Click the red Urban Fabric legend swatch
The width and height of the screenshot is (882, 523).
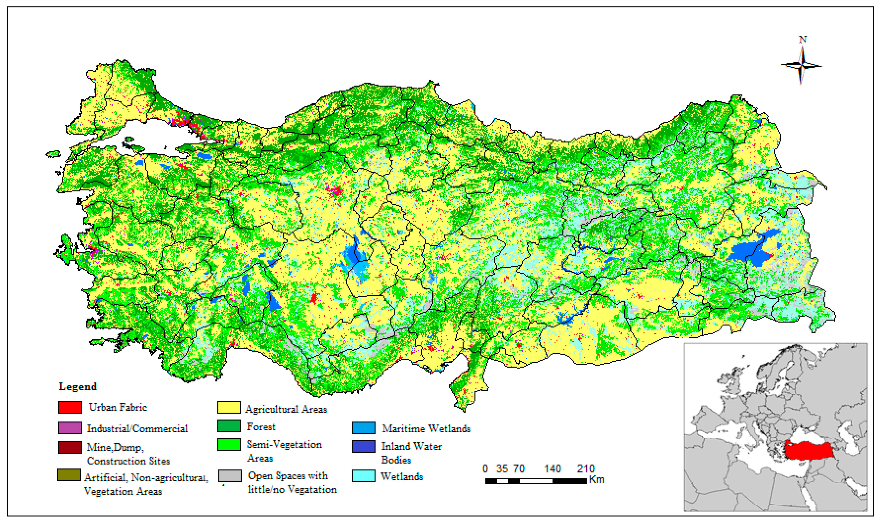pyautogui.click(x=70, y=407)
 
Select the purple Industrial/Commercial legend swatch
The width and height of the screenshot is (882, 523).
pyautogui.click(x=70, y=428)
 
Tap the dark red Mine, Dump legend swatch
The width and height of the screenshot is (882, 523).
pyautogui.click(x=70, y=447)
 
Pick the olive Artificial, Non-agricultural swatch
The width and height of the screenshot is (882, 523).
pyautogui.click(x=69, y=475)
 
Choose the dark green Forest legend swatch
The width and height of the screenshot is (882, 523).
pyautogui.click(x=229, y=426)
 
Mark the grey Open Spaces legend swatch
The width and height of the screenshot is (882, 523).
pyautogui.click(x=230, y=476)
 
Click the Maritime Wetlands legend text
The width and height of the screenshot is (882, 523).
pyautogui.click(x=426, y=429)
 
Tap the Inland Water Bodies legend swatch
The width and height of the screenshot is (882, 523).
pyautogui.click(x=363, y=446)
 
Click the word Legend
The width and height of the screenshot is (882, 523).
pyautogui.click(x=78, y=387)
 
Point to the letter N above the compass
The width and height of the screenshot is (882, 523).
pyautogui.click(x=803, y=39)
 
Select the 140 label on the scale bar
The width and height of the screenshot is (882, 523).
pyautogui.click(x=552, y=469)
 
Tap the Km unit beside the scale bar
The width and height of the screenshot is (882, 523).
pyautogui.click(x=596, y=480)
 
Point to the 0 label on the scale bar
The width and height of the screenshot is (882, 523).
pyautogui.click(x=485, y=469)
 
